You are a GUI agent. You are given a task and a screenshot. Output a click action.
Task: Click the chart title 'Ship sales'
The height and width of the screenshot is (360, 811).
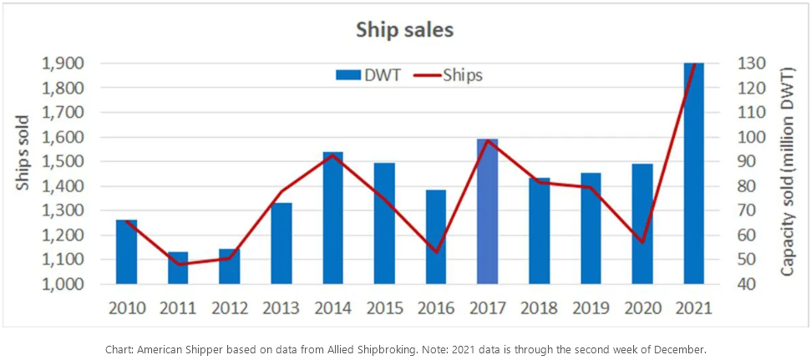[x=405, y=30]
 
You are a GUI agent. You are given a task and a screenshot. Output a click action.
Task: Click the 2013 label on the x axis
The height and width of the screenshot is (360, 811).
[x=281, y=307]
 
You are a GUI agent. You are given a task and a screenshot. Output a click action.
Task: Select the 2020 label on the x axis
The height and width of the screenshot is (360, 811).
[x=641, y=307]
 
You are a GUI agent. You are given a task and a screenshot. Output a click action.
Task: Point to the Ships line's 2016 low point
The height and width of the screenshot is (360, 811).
[x=436, y=251]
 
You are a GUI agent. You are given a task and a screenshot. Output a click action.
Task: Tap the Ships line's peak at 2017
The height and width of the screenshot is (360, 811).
[x=487, y=140]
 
